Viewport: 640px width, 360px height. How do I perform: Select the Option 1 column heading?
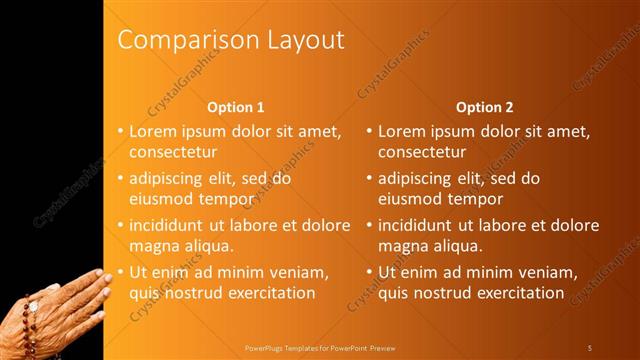(x=236, y=107)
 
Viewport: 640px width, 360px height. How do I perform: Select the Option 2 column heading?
(x=485, y=107)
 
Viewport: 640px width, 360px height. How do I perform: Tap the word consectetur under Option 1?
(x=173, y=152)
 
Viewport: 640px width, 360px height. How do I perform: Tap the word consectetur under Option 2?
(x=422, y=152)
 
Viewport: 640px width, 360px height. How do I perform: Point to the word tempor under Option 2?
(x=476, y=198)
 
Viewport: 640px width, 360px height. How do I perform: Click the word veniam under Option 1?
(x=295, y=272)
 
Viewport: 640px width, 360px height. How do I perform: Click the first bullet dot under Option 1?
(x=120, y=131)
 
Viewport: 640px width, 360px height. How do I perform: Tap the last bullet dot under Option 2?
(x=369, y=272)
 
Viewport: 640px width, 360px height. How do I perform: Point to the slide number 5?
(x=589, y=347)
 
